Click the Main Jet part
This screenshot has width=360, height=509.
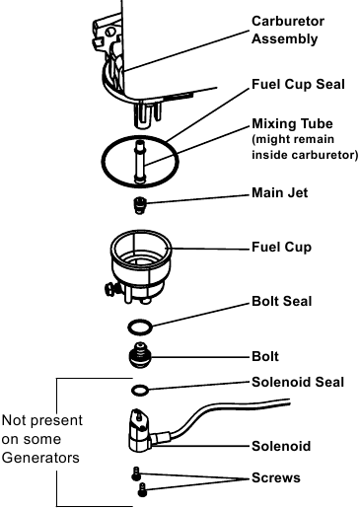coord(139,205)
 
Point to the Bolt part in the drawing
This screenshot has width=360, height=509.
coord(140,356)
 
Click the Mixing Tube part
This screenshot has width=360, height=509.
coord(140,161)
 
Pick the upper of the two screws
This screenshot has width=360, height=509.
coord(136,473)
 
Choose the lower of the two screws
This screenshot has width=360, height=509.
coord(142,490)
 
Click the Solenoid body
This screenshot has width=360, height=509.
coord(140,431)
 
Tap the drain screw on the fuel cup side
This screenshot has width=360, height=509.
coord(110,290)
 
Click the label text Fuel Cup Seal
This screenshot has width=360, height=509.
coord(298,84)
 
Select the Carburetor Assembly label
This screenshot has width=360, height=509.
coord(288,30)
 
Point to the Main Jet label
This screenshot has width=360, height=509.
coord(280,192)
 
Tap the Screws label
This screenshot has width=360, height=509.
coord(276,477)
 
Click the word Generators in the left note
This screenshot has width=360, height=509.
coord(40,458)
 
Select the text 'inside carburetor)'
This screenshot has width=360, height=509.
coord(305,155)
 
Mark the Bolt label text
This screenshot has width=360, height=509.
coord(265,356)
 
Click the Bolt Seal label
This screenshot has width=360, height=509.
coord(281,301)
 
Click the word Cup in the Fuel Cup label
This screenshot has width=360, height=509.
coord(298,248)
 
